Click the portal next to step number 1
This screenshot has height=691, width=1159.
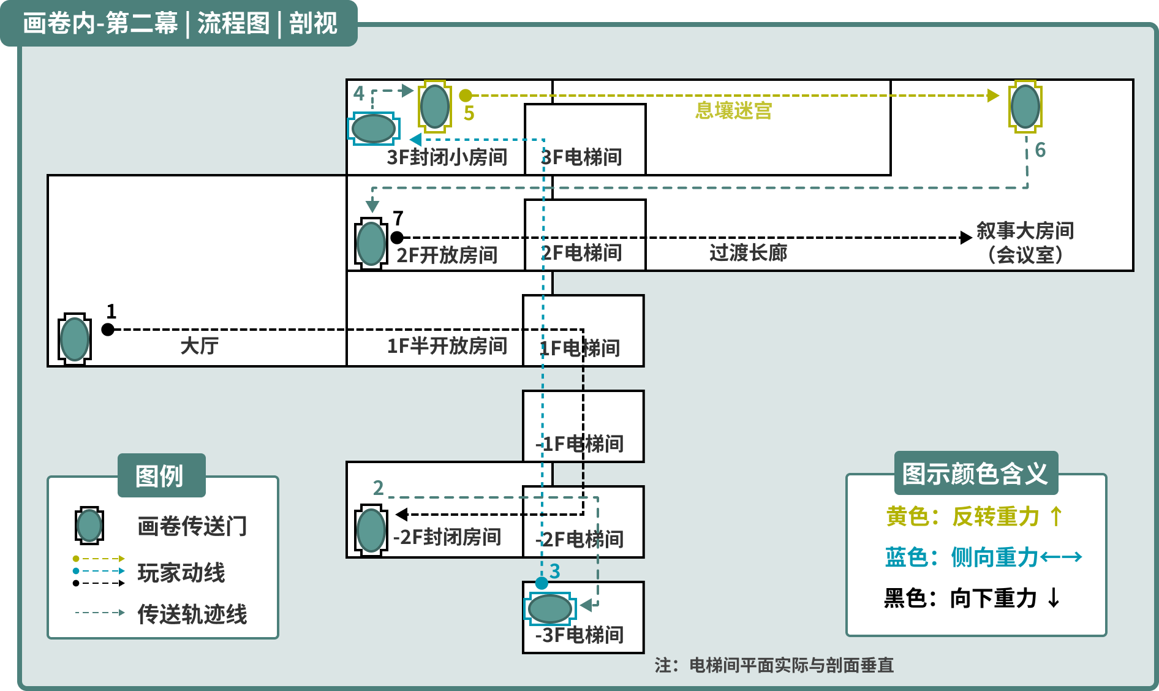(75, 339)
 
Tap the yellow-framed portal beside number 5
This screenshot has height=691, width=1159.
(435, 107)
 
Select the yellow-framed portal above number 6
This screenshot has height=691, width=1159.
(1025, 107)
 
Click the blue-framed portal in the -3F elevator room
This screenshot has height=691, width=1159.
(550, 609)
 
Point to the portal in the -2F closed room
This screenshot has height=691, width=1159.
(371, 530)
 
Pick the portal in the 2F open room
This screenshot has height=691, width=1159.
(371, 243)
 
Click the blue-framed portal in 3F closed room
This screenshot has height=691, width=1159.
(374, 129)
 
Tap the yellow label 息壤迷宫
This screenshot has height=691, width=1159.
(733, 111)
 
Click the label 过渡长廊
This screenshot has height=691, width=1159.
(748, 252)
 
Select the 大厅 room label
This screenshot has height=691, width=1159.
(199, 345)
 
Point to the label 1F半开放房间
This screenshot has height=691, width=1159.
(447, 345)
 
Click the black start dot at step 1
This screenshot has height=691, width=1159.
(108, 330)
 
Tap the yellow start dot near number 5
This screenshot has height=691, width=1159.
(466, 96)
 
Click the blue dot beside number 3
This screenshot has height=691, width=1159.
(542, 583)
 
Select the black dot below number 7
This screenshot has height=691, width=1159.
(397, 238)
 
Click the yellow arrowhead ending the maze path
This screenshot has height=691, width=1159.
(993, 96)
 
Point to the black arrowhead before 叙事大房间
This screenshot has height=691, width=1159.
(966, 238)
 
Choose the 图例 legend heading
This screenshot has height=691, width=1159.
(159, 475)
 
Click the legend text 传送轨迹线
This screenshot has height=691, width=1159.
(192, 614)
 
